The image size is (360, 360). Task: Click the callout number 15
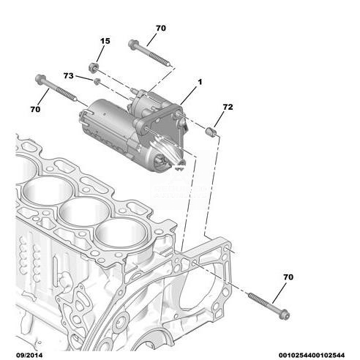point(105,41)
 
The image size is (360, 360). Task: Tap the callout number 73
point(68,76)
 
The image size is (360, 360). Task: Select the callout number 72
point(228,107)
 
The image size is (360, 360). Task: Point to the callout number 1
point(200,82)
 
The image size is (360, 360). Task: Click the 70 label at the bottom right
point(288,277)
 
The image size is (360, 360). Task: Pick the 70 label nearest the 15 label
point(161,29)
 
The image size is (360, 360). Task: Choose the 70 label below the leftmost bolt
point(35,109)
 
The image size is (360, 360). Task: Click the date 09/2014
point(29,355)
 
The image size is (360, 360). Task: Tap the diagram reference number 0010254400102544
point(312,355)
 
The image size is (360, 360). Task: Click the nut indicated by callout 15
point(94,67)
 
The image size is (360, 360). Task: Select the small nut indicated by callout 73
point(97,81)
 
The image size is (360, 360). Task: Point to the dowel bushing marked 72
point(211,132)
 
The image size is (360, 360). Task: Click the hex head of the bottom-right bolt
point(285,315)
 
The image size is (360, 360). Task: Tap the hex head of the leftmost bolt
point(40,79)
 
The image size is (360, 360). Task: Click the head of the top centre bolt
point(133,45)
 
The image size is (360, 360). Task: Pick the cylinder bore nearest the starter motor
point(121,233)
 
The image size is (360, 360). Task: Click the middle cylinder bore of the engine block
point(84,211)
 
